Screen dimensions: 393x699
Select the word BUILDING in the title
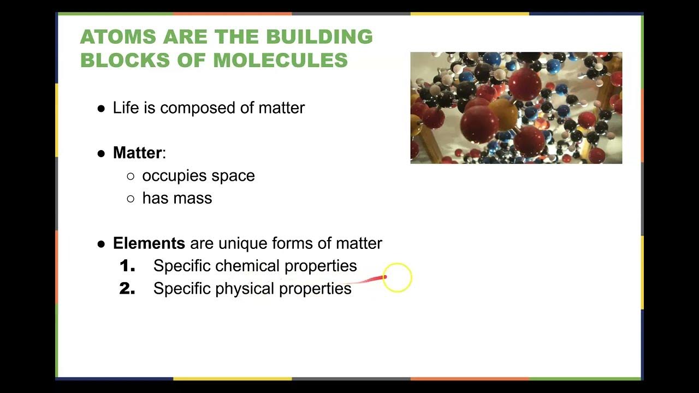[x=319, y=37]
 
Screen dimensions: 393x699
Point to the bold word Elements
[x=149, y=243]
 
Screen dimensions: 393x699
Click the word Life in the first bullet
[x=123, y=108]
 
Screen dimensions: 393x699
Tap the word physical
[x=245, y=289]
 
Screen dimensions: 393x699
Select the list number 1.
[x=127, y=266]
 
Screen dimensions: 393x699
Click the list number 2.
[x=127, y=289]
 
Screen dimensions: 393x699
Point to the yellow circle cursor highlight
[x=397, y=278]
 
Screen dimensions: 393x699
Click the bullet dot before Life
[x=101, y=109]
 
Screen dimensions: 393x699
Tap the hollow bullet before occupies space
[x=131, y=176]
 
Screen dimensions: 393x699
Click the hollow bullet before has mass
[x=131, y=199]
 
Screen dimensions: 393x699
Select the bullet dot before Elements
[x=101, y=244]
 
